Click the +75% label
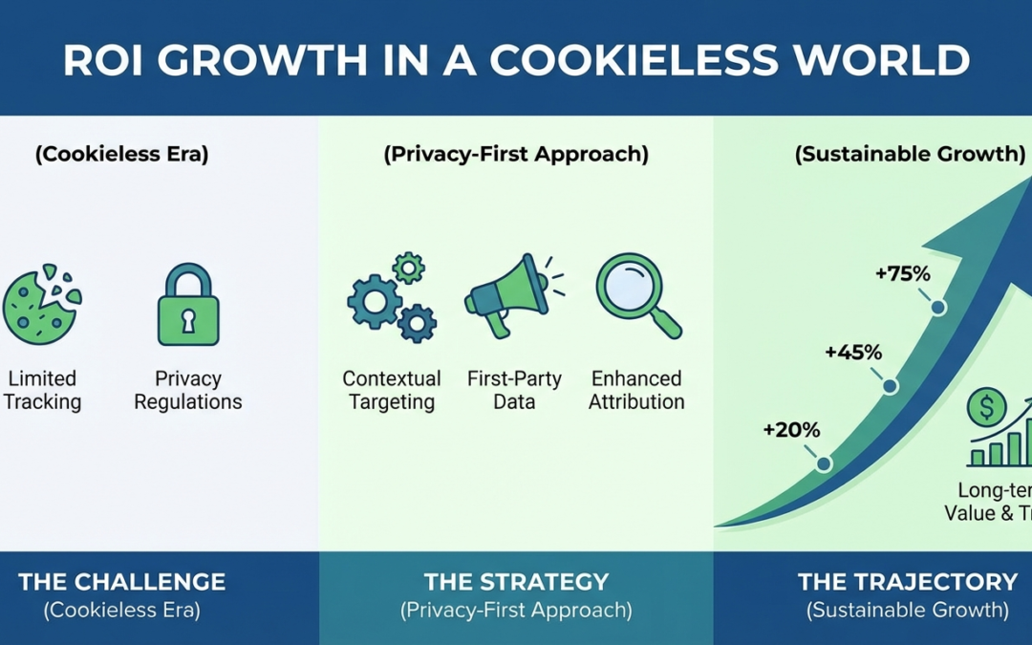point(902,274)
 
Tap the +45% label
point(853,353)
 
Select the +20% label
point(791,430)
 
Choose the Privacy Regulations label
point(188,390)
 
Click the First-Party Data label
point(513,390)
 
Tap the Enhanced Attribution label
point(636,390)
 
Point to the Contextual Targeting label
point(392,390)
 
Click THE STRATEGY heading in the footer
point(516,581)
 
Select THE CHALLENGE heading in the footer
point(122,581)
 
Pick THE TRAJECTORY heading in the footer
point(908,581)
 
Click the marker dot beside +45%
point(891,386)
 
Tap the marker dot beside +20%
point(824,464)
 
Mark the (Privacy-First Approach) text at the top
point(516,155)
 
